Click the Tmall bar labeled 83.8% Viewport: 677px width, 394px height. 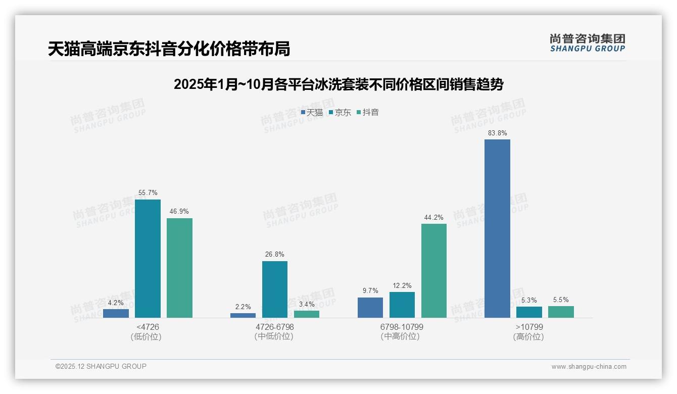pos(497,228)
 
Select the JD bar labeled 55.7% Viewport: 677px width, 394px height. pos(148,259)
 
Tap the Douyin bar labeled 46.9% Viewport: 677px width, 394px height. pos(179,268)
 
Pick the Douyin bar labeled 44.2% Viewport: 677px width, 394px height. pos(434,271)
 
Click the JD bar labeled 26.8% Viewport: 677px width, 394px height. pos(275,289)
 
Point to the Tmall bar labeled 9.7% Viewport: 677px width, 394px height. pos(370,308)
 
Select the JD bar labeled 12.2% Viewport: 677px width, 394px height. pos(402,305)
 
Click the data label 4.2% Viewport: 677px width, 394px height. pos(116,303)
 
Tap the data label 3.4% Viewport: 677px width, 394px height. pos(307,304)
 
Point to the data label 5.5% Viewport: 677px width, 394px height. pos(561,300)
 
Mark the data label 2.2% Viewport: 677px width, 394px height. pos(243,307)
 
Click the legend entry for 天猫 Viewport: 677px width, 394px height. pos(312,113)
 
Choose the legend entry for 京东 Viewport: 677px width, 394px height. pos(340,113)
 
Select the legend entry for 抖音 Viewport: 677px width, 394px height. pos(368,113)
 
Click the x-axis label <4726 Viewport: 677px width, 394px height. pos(148,327)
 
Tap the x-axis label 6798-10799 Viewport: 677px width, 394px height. pos(402,327)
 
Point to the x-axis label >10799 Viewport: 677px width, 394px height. pos(529,327)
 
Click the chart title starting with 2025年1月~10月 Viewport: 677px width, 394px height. pos(338,84)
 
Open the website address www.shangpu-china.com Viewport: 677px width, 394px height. pos(589,367)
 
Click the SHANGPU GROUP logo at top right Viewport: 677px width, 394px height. pos(587,42)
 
